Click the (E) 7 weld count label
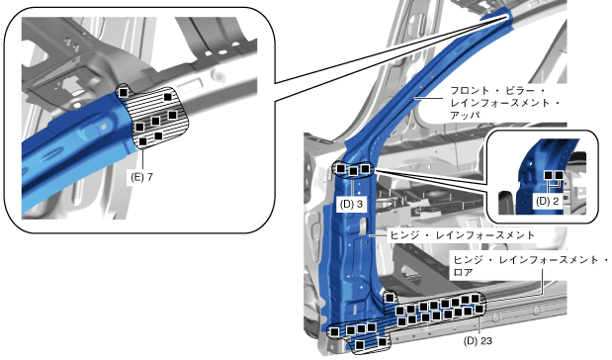(x=142, y=177)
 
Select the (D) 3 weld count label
(x=351, y=204)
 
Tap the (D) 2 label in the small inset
(x=547, y=201)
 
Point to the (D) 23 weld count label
(x=478, y=341)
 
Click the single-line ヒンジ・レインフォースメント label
(x=462, y=235)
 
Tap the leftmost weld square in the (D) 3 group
(x=341, y=168)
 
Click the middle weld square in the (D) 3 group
(x=353, y=171)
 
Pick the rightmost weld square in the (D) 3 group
(x=365, y=169)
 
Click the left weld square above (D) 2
(x=549, y=175)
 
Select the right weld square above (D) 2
(x=559, y=175)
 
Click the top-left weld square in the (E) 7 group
(x=124, y=93)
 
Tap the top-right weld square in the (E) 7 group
(x=168, y=97)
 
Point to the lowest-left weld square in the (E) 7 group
(x=142, y=141)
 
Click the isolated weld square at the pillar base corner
(x=390, y=298)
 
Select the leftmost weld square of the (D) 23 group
(x=335, y=332)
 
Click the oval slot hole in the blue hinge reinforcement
(x=363, y=227)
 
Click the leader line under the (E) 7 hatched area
(x=143, y=161)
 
